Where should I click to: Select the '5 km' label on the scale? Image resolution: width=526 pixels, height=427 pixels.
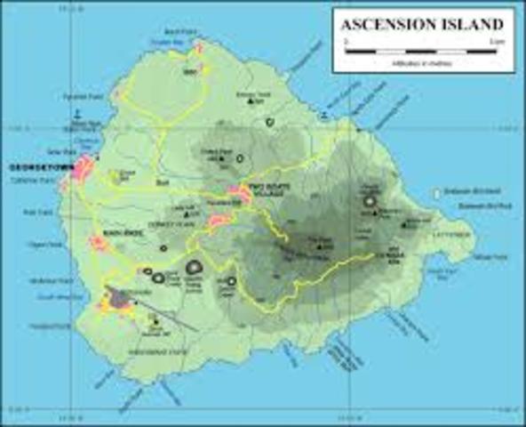click(x=494, y=42)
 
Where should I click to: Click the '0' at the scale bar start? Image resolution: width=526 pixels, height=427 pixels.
click(x=346, y=42)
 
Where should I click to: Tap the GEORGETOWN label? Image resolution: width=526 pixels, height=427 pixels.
click(x=36, y=167)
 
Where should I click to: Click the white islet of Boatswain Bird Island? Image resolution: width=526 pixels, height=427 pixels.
click(x=437, y=192)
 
